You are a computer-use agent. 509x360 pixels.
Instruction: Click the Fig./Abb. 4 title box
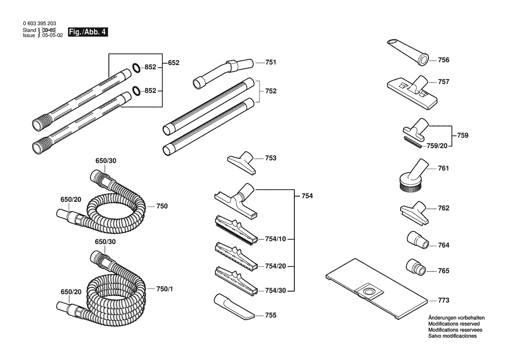[88, 32]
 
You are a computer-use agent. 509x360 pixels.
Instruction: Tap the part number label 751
[271, 62]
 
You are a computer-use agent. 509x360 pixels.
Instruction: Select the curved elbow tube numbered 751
[223, 73]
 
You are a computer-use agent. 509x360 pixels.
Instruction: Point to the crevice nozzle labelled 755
[234, 307]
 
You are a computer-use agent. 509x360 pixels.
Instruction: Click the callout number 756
[443, 60]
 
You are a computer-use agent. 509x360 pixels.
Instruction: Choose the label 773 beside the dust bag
[443, 300]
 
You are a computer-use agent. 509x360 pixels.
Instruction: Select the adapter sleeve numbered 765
[416, 267]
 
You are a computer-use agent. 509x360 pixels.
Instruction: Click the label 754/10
[275, 239]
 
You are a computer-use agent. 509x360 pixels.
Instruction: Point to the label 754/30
[275, 290]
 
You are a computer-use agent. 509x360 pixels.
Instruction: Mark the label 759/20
[437, 146]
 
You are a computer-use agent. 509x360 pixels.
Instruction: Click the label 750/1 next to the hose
[165, 289]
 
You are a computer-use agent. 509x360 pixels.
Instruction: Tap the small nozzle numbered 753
[242, 162]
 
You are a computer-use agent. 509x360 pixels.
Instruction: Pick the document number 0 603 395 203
[39, 24]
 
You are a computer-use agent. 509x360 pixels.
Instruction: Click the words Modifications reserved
[454, 324]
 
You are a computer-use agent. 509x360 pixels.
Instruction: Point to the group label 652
[174, 63]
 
